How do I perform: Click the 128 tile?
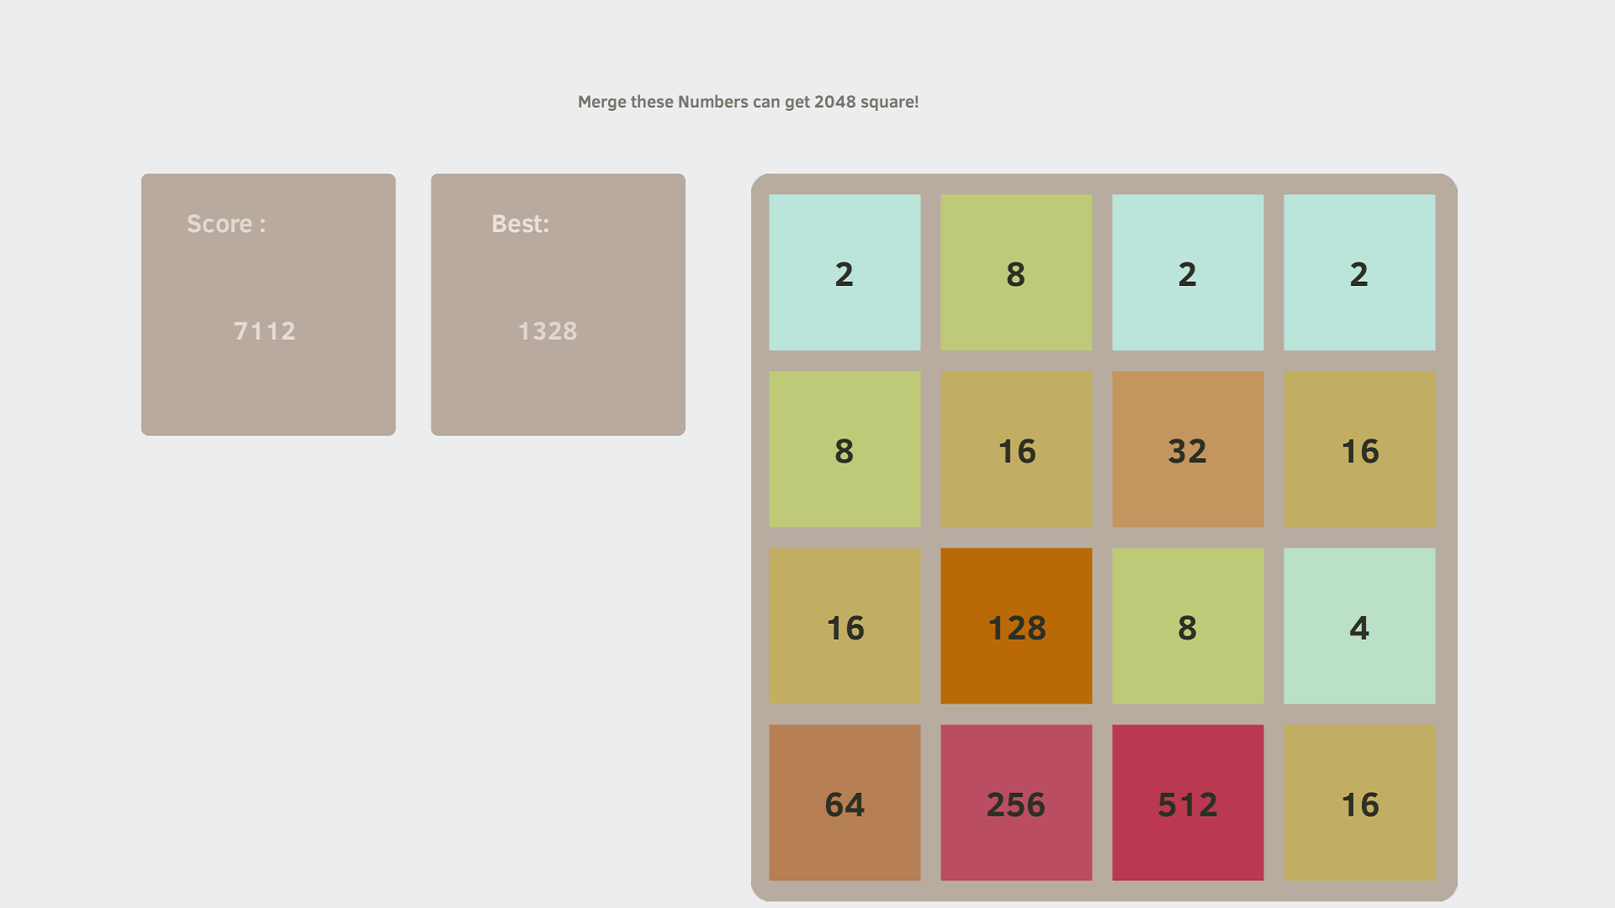(x=1016, y=626)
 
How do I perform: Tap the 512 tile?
(x=1188, y=803)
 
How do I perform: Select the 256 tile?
(x=1016, y=803)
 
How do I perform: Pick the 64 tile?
(x=845, y=803)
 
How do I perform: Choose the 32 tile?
(x=1188, y=450)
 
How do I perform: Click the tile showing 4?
(x=1359, y=626)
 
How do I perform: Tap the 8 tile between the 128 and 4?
(x=1188, y=626)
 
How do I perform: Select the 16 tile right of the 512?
(x=1359, y=803)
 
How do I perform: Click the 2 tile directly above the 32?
(x=1188, y=273)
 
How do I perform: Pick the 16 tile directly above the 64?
(x=845, y=626)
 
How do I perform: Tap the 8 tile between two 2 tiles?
(x=1016, y=273)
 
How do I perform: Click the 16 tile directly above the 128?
(x=1016, y=450)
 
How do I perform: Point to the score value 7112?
(x=265, y=331)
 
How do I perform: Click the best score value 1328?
(x=548, y=331)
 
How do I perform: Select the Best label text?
(x=520, y=224)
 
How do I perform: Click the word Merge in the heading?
(x=601, y=103)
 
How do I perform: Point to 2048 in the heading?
(x=834, y=102)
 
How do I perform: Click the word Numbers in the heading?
(x=712, y=102)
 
